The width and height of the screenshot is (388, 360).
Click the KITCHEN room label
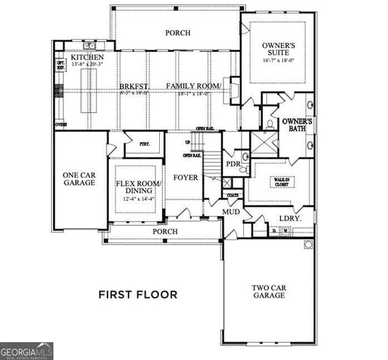[x=87, y=58]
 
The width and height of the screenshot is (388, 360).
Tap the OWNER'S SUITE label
[x=278, y=51]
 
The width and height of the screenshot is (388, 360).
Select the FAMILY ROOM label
[x=194, y=87]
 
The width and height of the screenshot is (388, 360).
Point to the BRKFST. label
[x=134, y=87]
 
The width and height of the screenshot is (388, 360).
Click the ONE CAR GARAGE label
[x=79, y=178]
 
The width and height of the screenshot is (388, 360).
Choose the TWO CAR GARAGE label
[x=268, y=291]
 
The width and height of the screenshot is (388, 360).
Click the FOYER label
[x=185, y=178]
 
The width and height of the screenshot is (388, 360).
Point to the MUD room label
[x=230, y=212]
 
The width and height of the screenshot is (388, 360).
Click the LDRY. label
[x=289, y=217]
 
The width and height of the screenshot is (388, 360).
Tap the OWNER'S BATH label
[x=296, y=125]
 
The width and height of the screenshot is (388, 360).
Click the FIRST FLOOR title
[x=138, y=294]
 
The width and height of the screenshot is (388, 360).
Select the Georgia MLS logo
[x=27, y=350]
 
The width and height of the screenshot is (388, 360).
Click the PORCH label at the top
[x=178, y=33]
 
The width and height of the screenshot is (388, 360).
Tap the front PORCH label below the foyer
[x=165, y=232]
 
